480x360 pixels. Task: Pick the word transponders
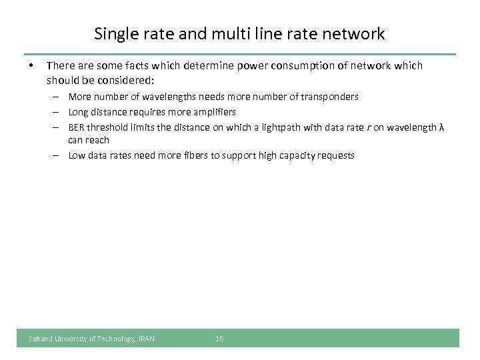coord(329,97)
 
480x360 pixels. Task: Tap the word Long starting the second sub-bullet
coord(78,112)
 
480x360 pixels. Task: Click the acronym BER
coord(77,127)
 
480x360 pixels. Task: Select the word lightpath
coord(278,127)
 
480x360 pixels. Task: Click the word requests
coord(336,155)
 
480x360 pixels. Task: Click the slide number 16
coord(219,339)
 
